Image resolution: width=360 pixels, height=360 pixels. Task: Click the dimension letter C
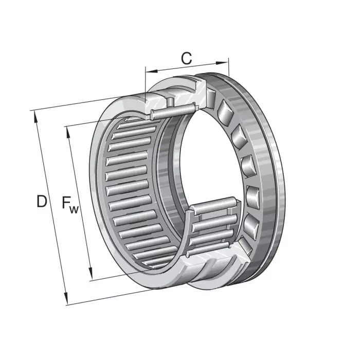click(186, 59)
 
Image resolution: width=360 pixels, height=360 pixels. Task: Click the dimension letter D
click(41, 201)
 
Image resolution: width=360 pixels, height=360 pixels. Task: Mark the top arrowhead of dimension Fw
click(67, 129)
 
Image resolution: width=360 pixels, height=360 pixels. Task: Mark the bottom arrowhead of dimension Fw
click(91, 275)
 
